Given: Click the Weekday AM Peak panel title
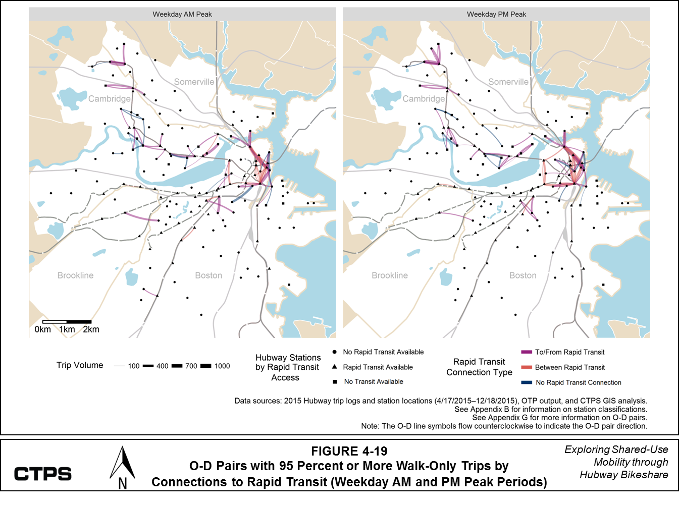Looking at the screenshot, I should (182, 14).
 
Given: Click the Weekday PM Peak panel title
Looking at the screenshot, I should (496, 14).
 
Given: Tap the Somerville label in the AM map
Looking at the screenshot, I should (194, 82).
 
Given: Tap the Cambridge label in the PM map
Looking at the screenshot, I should (423, 99).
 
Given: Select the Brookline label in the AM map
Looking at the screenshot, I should (75, 275).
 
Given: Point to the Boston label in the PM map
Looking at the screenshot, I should (523, 275).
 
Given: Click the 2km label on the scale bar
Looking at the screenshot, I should (91, 329).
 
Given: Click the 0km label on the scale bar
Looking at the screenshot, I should (43, 329).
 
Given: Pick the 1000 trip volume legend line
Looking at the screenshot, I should (206, 366).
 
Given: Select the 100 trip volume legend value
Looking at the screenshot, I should (134, 366).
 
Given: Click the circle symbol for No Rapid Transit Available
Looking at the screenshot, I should (334, 352).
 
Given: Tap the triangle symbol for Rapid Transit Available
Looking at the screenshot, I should (334, 367).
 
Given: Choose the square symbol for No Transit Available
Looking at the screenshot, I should (334, 382).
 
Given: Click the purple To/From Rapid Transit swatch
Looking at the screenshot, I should (527, 352).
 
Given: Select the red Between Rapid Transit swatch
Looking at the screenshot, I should (527, 367).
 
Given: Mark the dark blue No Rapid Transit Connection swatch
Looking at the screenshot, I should (527, 382).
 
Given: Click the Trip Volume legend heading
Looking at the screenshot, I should (80, 365).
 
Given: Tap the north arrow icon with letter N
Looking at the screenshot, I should (122, 469).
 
